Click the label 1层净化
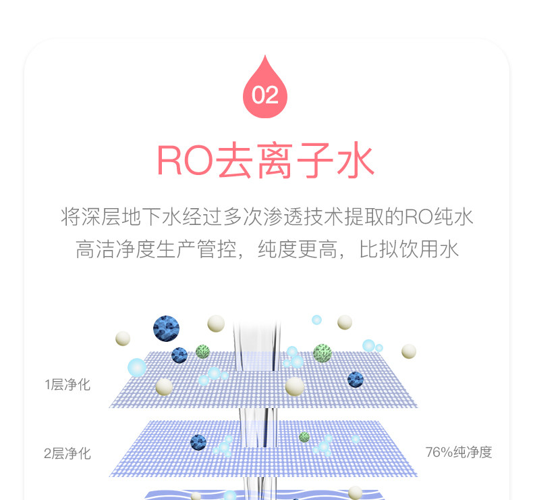click(x=67, y=385)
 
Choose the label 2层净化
click(x=67, y=453)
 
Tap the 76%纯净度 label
click(x=459, y=452)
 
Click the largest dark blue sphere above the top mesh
click(x=166, y=328)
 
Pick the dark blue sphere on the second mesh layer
click(x=198, y=443)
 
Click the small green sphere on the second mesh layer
click(x=304, y=437)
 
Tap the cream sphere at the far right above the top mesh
click(x=409, y=351)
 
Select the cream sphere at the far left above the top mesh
click(x=123, y=338)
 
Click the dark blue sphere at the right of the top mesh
click(x=356, y=379)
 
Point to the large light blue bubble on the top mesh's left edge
click(x=137, y=367)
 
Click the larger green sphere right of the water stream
click(x=322, y=353)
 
